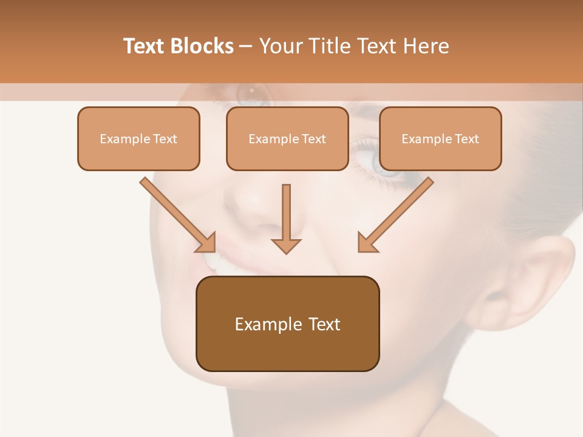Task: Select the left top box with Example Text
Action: tap(138, 138)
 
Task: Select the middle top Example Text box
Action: tap(287, 138)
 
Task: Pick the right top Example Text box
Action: tap(440, 138)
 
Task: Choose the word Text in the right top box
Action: tap(466, 138)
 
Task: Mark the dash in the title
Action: tap(246, 47)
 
